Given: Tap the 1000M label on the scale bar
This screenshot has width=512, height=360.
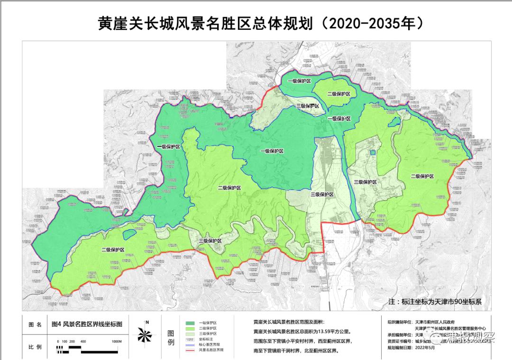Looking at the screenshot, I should coord(117,342).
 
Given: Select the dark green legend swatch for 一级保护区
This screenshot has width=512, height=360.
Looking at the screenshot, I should coord(190,323).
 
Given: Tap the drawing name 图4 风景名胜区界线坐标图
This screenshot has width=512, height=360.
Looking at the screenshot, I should coord(86,324).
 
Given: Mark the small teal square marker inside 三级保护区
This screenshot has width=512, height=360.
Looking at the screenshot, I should coord(373,153).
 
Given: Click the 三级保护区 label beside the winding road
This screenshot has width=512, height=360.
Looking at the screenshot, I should coord(210,241).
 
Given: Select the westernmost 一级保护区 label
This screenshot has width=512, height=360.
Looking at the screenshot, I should coord(169,147).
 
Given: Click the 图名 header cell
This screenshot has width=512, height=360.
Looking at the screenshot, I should coord(35,325).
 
